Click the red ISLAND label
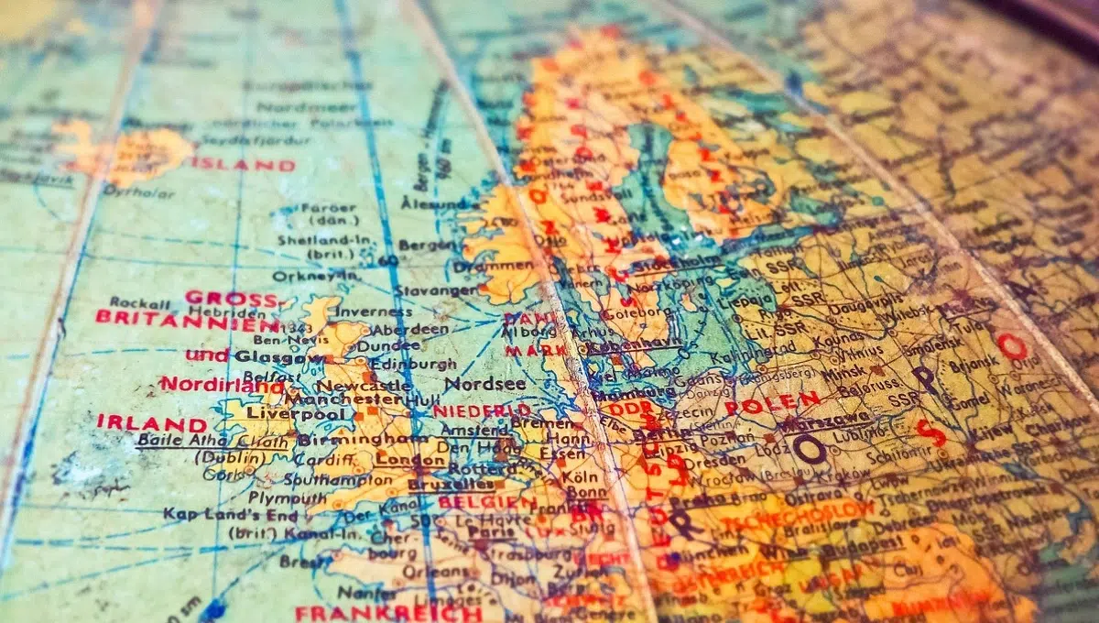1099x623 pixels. click(243, 165)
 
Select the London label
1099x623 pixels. click(399, 458)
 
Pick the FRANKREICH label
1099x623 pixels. click(388, 612)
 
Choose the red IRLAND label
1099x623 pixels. click(152, 422)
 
